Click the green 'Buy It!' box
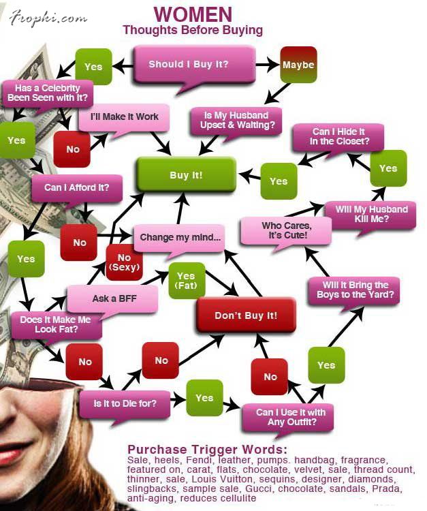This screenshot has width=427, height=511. (x=186, y=174)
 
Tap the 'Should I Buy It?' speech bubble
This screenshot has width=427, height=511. (x=189, y=65)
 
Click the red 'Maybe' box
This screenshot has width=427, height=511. (x=298, y=65)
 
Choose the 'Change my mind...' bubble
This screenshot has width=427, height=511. (x=180, y=238)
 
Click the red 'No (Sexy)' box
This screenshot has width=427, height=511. (x=124, y=262)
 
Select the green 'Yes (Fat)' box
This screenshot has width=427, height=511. (x=186, y=280)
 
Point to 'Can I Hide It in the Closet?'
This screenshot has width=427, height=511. (x=339, y=136)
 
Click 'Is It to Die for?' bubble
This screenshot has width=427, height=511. (x=125, y=403)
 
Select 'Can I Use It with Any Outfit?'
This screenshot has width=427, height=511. (x=290, y=417)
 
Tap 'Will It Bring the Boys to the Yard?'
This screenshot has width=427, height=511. (x=355, y=290)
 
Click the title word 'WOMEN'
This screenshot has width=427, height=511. (x=193, y=14)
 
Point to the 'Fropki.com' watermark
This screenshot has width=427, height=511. (x=48, y=19)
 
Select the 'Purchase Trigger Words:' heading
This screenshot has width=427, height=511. (x=207, y=450)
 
